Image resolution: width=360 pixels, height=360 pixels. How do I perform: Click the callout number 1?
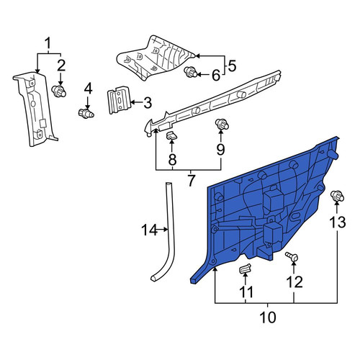coord(48,44)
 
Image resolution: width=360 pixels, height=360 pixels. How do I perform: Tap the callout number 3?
coord(148,103)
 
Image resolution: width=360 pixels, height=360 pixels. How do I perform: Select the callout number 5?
coord(232,66)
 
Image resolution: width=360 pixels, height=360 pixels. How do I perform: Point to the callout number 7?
coord(191,181)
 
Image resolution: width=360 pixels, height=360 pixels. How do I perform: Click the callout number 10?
coord(268,318)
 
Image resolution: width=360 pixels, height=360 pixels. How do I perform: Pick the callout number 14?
coord(149,230)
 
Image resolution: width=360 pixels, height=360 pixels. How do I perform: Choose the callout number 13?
coord(337,222)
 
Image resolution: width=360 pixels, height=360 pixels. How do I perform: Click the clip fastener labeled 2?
coord(59,91)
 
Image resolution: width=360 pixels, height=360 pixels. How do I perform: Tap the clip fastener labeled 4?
coord(86,113)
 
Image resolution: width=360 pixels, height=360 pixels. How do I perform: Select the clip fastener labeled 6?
coord(190,72)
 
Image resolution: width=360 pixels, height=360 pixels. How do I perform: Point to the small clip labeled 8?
coord(172,136)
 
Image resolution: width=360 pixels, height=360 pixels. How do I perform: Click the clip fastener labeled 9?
coord(222,124)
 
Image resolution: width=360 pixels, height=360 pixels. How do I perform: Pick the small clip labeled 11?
coord(246,269)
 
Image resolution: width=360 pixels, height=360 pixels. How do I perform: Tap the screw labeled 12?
coord(292,257)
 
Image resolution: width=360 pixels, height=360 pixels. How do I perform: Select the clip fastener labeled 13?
coord(337,196)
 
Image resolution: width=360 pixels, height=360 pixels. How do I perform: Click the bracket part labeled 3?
coord(119,99)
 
